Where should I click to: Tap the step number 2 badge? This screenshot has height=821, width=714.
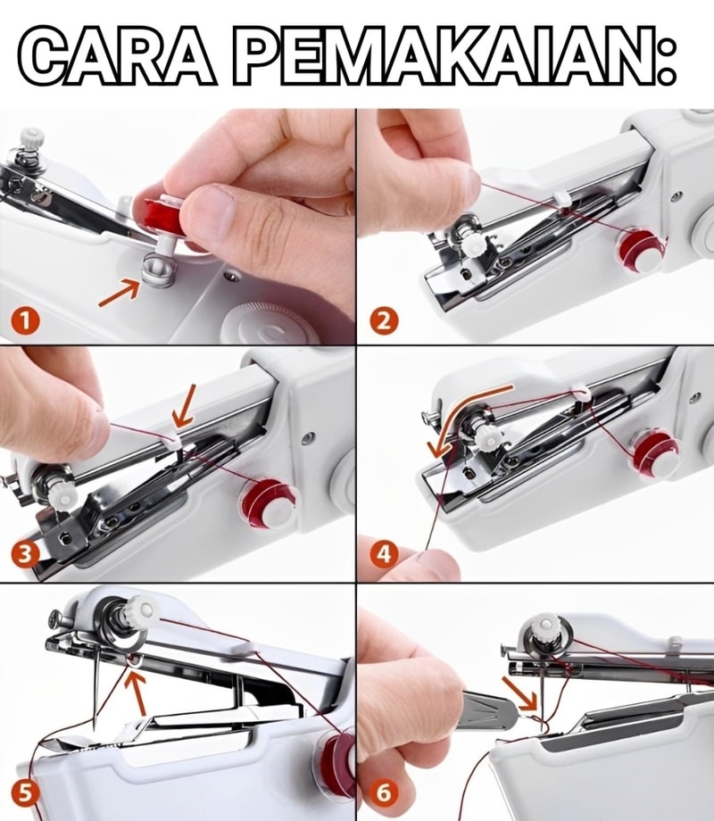click(385, 320)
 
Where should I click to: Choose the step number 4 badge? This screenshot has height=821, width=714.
click(384, 554)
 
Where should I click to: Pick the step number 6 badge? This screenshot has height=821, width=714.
click(384, 793)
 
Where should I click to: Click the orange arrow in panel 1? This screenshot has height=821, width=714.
click(119, 292)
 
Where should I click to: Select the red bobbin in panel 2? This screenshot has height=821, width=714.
click(639, 249)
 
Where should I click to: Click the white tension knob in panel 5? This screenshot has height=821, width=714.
click(141, 609)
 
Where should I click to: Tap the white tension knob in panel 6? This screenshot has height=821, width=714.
click(544, 626)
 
